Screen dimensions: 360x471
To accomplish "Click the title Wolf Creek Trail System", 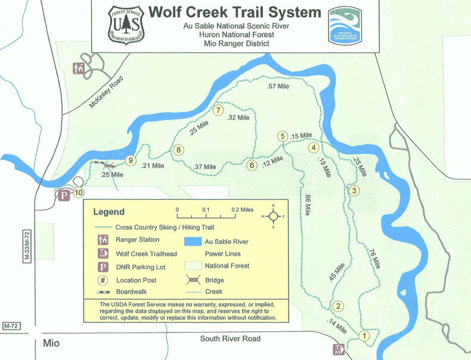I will [234, 13].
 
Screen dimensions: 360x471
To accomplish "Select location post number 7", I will [219, 110].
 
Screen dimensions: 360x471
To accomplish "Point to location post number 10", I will [79, 193].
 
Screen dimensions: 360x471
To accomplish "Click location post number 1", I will [364, 335].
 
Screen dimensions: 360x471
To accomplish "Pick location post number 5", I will [283, 136].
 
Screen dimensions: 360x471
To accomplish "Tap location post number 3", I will [354, 191].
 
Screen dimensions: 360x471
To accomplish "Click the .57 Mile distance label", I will [278, 87].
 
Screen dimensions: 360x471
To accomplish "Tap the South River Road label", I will [230, 339].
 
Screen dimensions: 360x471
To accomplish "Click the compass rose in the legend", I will [273, 216].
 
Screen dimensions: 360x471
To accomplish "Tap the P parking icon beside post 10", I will [64, 194].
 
